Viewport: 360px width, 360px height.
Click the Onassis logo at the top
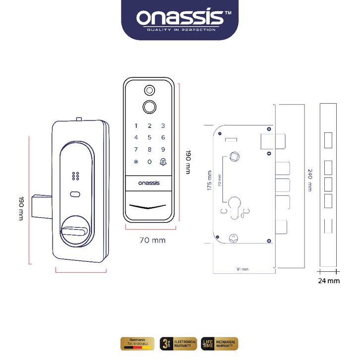(x=180, y=19)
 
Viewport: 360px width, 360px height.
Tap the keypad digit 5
(x=149, y=138)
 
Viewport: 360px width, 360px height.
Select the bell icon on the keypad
(x=163, y=162)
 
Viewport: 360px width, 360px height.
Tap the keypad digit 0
(x=149, y=162)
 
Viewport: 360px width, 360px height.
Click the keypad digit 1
(x=136, y=126)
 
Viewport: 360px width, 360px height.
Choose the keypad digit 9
(x=163, y=150)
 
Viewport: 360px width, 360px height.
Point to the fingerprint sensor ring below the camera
(x=149, y=106)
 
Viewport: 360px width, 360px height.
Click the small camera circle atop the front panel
(x=149, y=90)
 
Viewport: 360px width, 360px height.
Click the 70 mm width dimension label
(x=152, y=240)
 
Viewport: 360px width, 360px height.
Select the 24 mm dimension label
(x=329, y=281)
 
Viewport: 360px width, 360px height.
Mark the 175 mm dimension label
(x=209, y=181)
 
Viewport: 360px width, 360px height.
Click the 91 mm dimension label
(x=243, y=269)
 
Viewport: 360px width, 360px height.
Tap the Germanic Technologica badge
(x=137, y=343)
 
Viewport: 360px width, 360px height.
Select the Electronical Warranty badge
(x=179, y=343)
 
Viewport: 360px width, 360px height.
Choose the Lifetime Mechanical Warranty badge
(x=219, y=343)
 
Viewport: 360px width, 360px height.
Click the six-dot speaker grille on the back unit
(x=76, y=176)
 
